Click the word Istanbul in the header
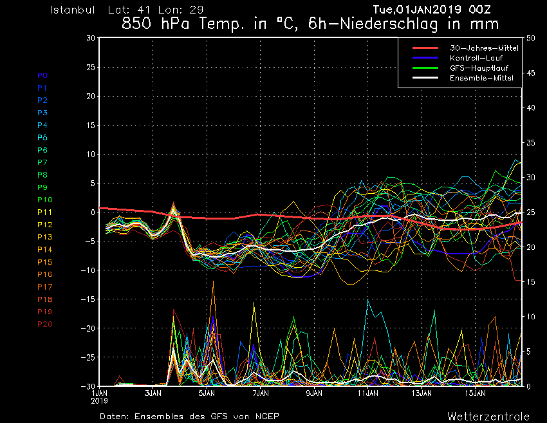tap(72, 10)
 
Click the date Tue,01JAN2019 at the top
tap(417, 10)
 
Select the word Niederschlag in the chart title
tap(389, 24)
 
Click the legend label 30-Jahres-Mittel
tap(484, 48)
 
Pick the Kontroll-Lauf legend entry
tap(476, 58)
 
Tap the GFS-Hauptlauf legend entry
tap(479, 68)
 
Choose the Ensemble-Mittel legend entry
tap(481, 78)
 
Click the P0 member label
tap(42, 75)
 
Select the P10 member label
tap(45, 200)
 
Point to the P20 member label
tap(45, 324)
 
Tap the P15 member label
tap(45, 262)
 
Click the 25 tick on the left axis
tap(91, 67)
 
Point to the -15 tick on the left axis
tap(88, 299)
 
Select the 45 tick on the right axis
tap(531, 73)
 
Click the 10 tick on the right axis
tap(531, 317)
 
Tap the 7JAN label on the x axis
tap(261, 393)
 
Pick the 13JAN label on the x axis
tap(422, 393)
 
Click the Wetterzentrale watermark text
tap(488, 417)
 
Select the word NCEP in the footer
tap(267, 417)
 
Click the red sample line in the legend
tap(425, 48)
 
